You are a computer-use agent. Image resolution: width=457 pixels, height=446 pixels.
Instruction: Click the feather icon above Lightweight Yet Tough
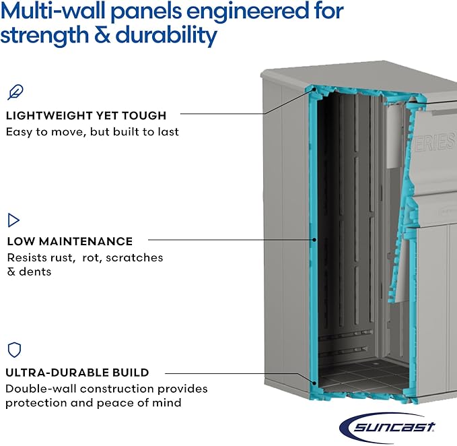point(15,92)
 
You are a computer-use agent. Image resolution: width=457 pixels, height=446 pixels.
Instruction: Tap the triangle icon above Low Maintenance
point(13,220)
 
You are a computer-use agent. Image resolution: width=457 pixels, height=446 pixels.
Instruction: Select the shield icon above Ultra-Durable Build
point(14,350)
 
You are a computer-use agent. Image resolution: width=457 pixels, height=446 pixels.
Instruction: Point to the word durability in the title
point(167,36)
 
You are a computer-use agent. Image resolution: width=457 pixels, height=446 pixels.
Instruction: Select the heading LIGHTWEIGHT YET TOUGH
point(86,115)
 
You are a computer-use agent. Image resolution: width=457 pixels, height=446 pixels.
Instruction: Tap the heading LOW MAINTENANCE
point(70,241)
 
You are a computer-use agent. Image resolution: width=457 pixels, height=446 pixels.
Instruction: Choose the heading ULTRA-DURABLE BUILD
point(77,372)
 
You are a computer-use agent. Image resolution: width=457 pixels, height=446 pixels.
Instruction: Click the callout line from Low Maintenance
point(229,239)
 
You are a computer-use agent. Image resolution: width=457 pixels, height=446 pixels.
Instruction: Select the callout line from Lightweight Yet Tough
point(242,115)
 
